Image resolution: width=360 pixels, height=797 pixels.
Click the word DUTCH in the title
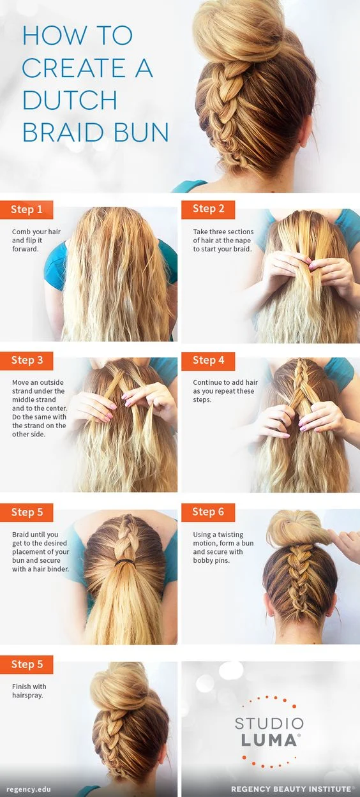pyautogui.click(x=70, y=100)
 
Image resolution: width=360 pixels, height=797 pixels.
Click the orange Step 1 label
pyautogui.click(x=26, y=209)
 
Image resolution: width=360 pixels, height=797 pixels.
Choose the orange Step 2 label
pyautogui.click(x=208, y=209)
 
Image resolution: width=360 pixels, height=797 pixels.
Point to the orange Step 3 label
pyautogui.click(x=26, y=360)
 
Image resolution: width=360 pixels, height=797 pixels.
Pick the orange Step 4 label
pyautogui.click(x=208, y=360)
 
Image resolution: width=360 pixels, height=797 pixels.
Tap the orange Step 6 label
pyautogui.click(x=208, y=512)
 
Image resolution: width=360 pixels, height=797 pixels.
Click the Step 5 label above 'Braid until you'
pyautogui.click(x=26, y=512)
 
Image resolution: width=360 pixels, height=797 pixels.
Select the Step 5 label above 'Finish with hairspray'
pyautogui.click(x=26, y=664)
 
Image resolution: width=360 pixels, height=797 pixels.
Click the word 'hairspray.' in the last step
pyautogui.click(x=27, y=696)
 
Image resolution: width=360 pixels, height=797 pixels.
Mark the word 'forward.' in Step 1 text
pyautogui.click(x=26, y=249)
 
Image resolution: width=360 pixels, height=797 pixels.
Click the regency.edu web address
pyautogui.click(x=29, y=789)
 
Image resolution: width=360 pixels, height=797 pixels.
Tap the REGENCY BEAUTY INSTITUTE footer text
pyautogui.click(x=291, y=789)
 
